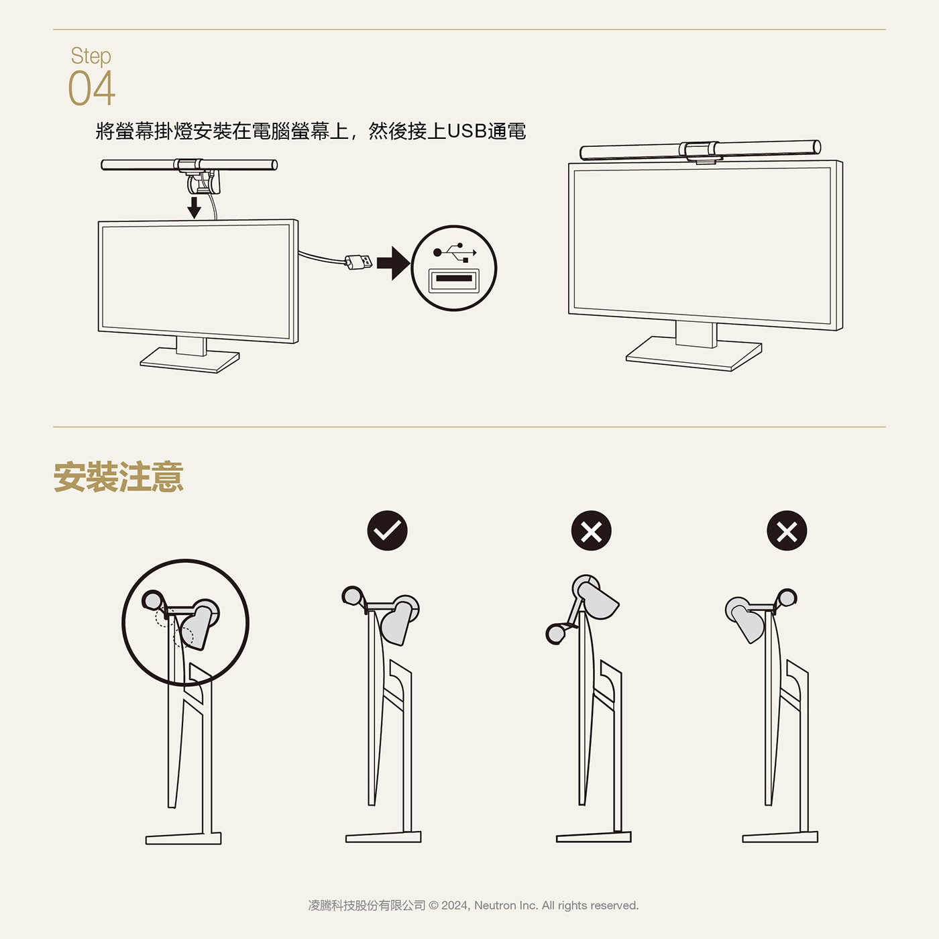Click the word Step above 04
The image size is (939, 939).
[91, 56]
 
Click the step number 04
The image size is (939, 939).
[92, 88]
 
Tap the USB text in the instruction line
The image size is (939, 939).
[466, 131]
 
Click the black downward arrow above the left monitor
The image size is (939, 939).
[195, 207]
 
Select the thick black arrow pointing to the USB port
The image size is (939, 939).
[393, 263]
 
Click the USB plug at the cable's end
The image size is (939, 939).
[358, 263]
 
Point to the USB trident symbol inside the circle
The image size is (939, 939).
[455, 252]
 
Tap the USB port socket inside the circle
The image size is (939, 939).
[453, 280]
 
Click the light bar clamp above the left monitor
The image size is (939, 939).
[201, 176]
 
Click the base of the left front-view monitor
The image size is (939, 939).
[190, 360]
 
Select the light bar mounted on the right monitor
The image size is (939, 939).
[700, 150]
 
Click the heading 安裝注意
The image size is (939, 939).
[119, 477]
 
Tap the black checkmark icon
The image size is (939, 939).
[388, 531]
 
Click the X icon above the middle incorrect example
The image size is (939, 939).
[591, 531]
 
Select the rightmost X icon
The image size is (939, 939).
[787, 531]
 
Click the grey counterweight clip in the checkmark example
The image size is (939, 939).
[398, 620]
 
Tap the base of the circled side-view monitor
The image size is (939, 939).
[184, 838]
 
